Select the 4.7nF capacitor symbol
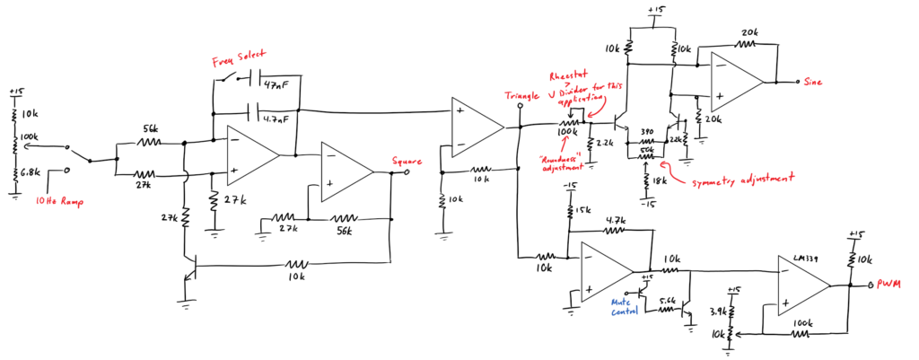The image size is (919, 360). click(250, 115)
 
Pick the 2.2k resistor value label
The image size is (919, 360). click(604, 144)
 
